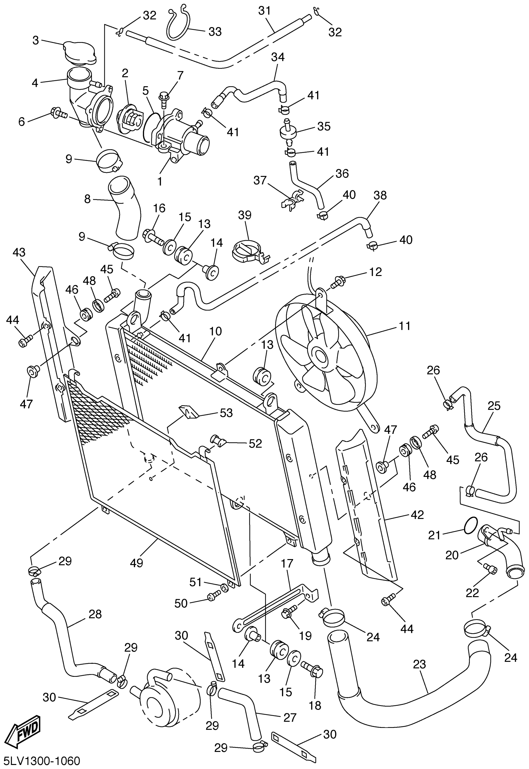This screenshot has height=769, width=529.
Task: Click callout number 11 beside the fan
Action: (405, 326)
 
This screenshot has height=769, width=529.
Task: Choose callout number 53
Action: (227, 413)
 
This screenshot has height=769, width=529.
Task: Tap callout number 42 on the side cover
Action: (417, 515)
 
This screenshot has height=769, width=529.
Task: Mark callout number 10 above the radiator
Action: (215, 331)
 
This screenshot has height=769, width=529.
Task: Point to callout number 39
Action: (245, 215)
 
